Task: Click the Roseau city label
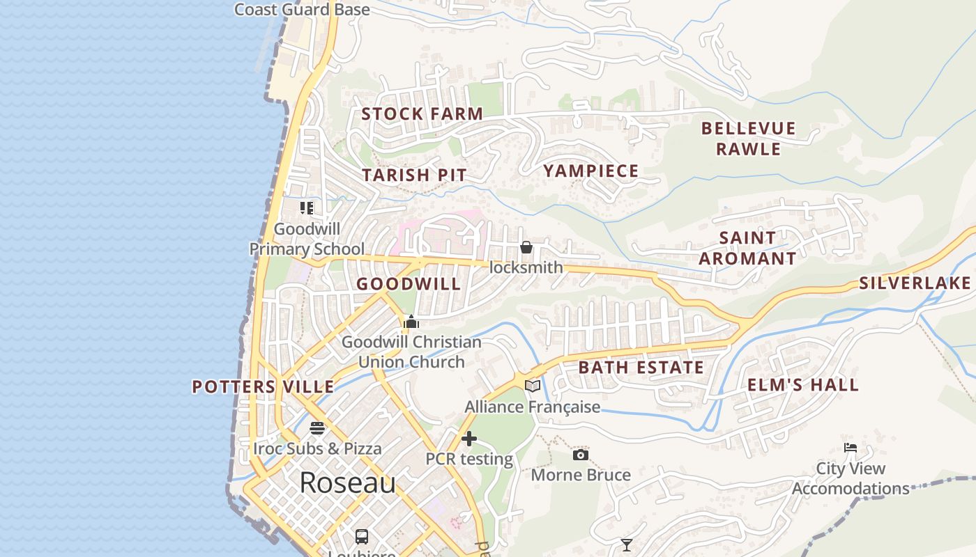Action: (x=347, y=483)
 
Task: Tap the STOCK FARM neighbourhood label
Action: (x=422, y=114)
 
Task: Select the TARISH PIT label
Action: (x=414, y=175)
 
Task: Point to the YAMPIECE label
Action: (x=590, y=171)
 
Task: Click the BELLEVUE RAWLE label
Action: (x=748, y=139)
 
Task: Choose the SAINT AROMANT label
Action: (x=747, y=248)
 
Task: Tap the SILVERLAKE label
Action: (x=915, y=283)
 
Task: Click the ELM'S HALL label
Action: (x=802, y=385)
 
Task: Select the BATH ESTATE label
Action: (x=641, y=368)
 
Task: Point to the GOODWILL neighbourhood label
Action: (x=409, y=284)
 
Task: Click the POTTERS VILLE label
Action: (x=263, y=387)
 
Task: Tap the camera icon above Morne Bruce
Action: (x=580, y=455)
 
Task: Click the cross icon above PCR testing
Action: (x=469, y=439)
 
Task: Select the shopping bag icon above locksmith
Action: (x=526, y=247)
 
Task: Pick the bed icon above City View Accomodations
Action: (x=851, y=448)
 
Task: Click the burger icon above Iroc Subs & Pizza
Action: (x=317, y=427)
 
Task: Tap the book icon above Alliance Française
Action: (x=533, y=386)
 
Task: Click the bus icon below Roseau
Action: (x=362, y=536)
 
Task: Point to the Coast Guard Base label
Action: (x=302, y=10)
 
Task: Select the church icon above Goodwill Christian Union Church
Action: (x=411, y=322)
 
